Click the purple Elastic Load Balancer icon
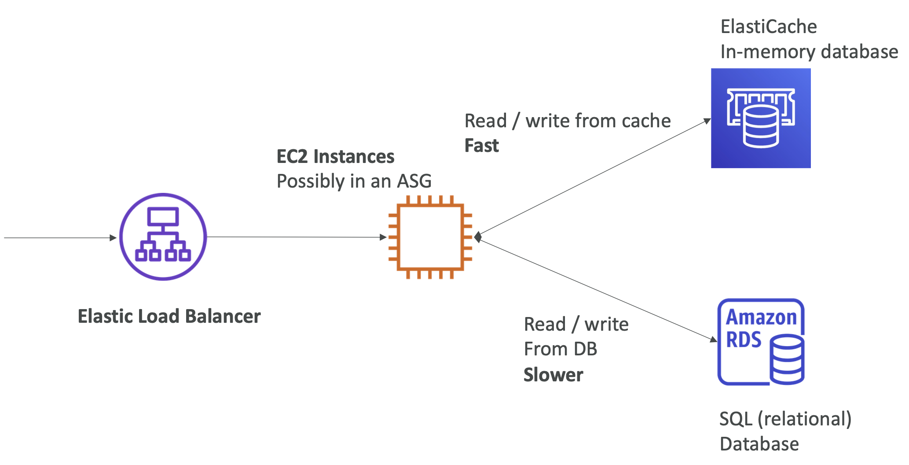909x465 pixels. coord(163,237)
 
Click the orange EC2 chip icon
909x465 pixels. coord(430,237)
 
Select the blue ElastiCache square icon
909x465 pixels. coord(761,118)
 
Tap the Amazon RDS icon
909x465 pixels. coord(761,342)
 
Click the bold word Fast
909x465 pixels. coord(481,146)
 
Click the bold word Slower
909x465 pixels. coord(553,375)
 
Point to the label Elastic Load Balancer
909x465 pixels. coord(169,317)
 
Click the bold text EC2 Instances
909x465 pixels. coord(335,157)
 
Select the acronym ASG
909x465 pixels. coord(414,181)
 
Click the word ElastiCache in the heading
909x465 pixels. coord(769,27)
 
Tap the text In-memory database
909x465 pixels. coord(809,52)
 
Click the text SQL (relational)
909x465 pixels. coord(785,419)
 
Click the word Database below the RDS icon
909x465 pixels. coord(759,444)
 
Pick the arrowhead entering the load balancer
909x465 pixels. coord(113,238)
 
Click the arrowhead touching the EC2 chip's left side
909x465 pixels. coord(383,237)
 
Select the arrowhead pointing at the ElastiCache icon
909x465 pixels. coord(707,121)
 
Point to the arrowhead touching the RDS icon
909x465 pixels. coord(714,339)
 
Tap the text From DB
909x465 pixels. coord(560,349)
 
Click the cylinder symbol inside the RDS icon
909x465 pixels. coord(787,359)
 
